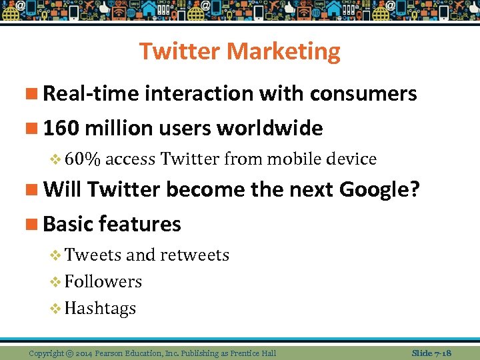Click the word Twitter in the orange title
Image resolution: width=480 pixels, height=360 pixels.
click(x=180, y=51)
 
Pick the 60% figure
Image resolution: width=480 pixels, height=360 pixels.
click(x=83, y=159)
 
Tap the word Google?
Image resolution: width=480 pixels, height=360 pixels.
click(x=379, y=190)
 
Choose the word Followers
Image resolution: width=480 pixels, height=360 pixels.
click(x=103, y=281)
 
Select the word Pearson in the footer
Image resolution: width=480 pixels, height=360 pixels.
click(x=111, y=353)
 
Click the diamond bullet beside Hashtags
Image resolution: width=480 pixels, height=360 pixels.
click(x=55, y=309)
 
